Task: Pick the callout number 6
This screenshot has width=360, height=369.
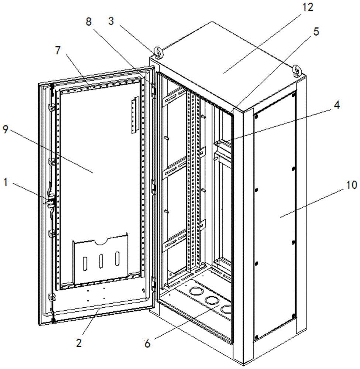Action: click(x=147, y=343)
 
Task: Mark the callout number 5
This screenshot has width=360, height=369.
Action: click(x=315, y=32)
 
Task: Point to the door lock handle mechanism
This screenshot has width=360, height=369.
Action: click(x=50, y=201)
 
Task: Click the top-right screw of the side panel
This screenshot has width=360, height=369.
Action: click(x=294, y=95)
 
